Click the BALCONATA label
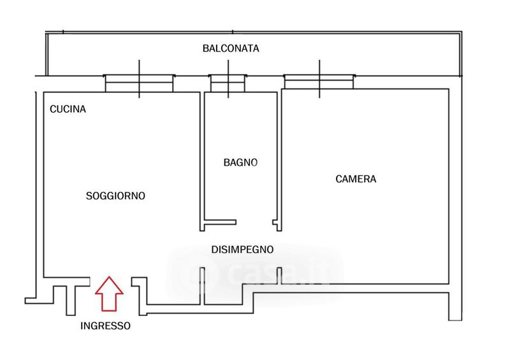click(x=231, y=48)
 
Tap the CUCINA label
click(x=68, y=109)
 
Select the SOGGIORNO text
click(x=115, y=196)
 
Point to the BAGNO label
click(x=240, y=162)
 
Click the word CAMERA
click(x=356, y=179)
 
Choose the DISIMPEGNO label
click(x=242, y=250)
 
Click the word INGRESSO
click(x=106, y=326)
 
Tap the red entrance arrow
click(x=109, y=293)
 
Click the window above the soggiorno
click(x=139, y=79)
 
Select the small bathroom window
click(x=228, y=79)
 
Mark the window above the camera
click(x=319, y=79)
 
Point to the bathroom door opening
click(x=255, y=224)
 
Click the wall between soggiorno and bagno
click(x=200, y=159)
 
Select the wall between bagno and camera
click(x=279, y=159)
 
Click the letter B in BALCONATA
click(x=206, y=48)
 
